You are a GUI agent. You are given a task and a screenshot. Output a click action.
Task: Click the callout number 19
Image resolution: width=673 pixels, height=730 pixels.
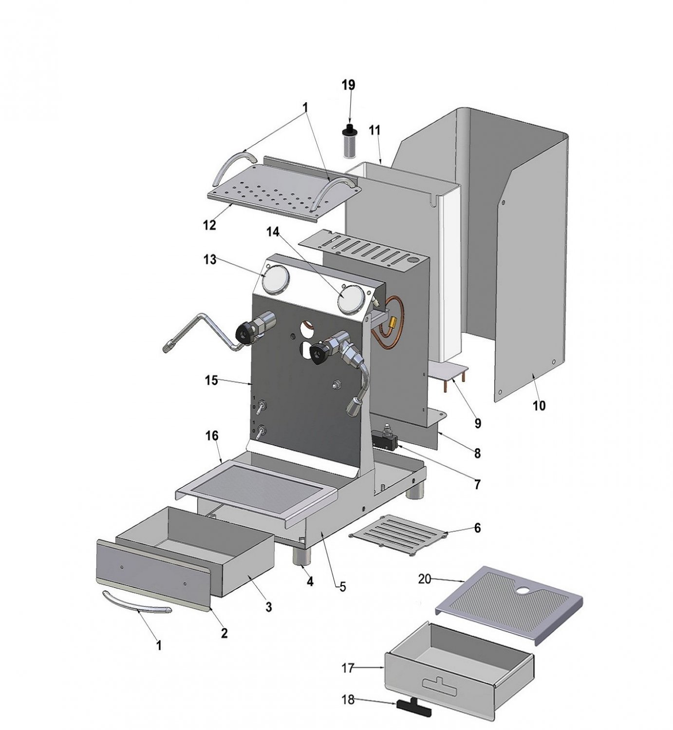[x=348, y=86]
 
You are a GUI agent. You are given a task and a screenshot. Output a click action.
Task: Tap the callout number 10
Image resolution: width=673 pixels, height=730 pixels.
[x=539, y=405]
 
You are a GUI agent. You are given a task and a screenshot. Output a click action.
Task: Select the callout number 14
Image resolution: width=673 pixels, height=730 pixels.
[x=273, y=232]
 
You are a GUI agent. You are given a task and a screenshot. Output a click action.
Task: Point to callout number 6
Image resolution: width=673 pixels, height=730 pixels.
[x=477, y=528]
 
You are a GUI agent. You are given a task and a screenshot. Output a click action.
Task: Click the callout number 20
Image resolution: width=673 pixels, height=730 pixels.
[x=425, y=579]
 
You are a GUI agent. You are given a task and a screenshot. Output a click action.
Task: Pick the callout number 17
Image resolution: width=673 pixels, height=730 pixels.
[x=347, y=669]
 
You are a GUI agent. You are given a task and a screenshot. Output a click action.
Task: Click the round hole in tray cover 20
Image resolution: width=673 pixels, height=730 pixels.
[x=524, y=590]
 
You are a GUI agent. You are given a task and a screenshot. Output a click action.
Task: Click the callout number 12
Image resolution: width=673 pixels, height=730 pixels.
[x=209, y=225]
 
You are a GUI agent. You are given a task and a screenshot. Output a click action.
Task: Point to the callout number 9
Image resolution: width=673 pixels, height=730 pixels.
[x=477, y=423]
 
